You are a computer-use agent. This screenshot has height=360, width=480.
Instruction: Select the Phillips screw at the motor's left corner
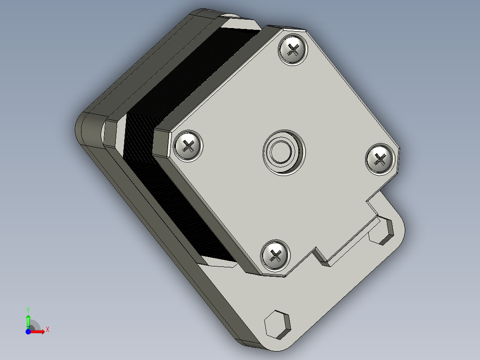coord(187,145)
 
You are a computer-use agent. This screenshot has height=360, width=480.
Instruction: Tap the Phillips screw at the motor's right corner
coord(380,159)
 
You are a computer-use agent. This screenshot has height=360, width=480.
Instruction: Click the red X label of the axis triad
coord(47,329)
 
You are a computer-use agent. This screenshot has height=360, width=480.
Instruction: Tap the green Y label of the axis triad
coord(28,309)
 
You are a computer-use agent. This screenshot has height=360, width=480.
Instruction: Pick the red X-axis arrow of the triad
coord(38,331)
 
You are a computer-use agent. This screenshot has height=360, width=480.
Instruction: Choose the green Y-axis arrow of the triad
coord(28,321)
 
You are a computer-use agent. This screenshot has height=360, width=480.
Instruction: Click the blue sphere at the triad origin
coord(28,331)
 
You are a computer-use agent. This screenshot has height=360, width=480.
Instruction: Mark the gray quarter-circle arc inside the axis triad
coord(36,324)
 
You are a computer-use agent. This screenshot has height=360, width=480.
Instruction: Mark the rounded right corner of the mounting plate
coord(399,223)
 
